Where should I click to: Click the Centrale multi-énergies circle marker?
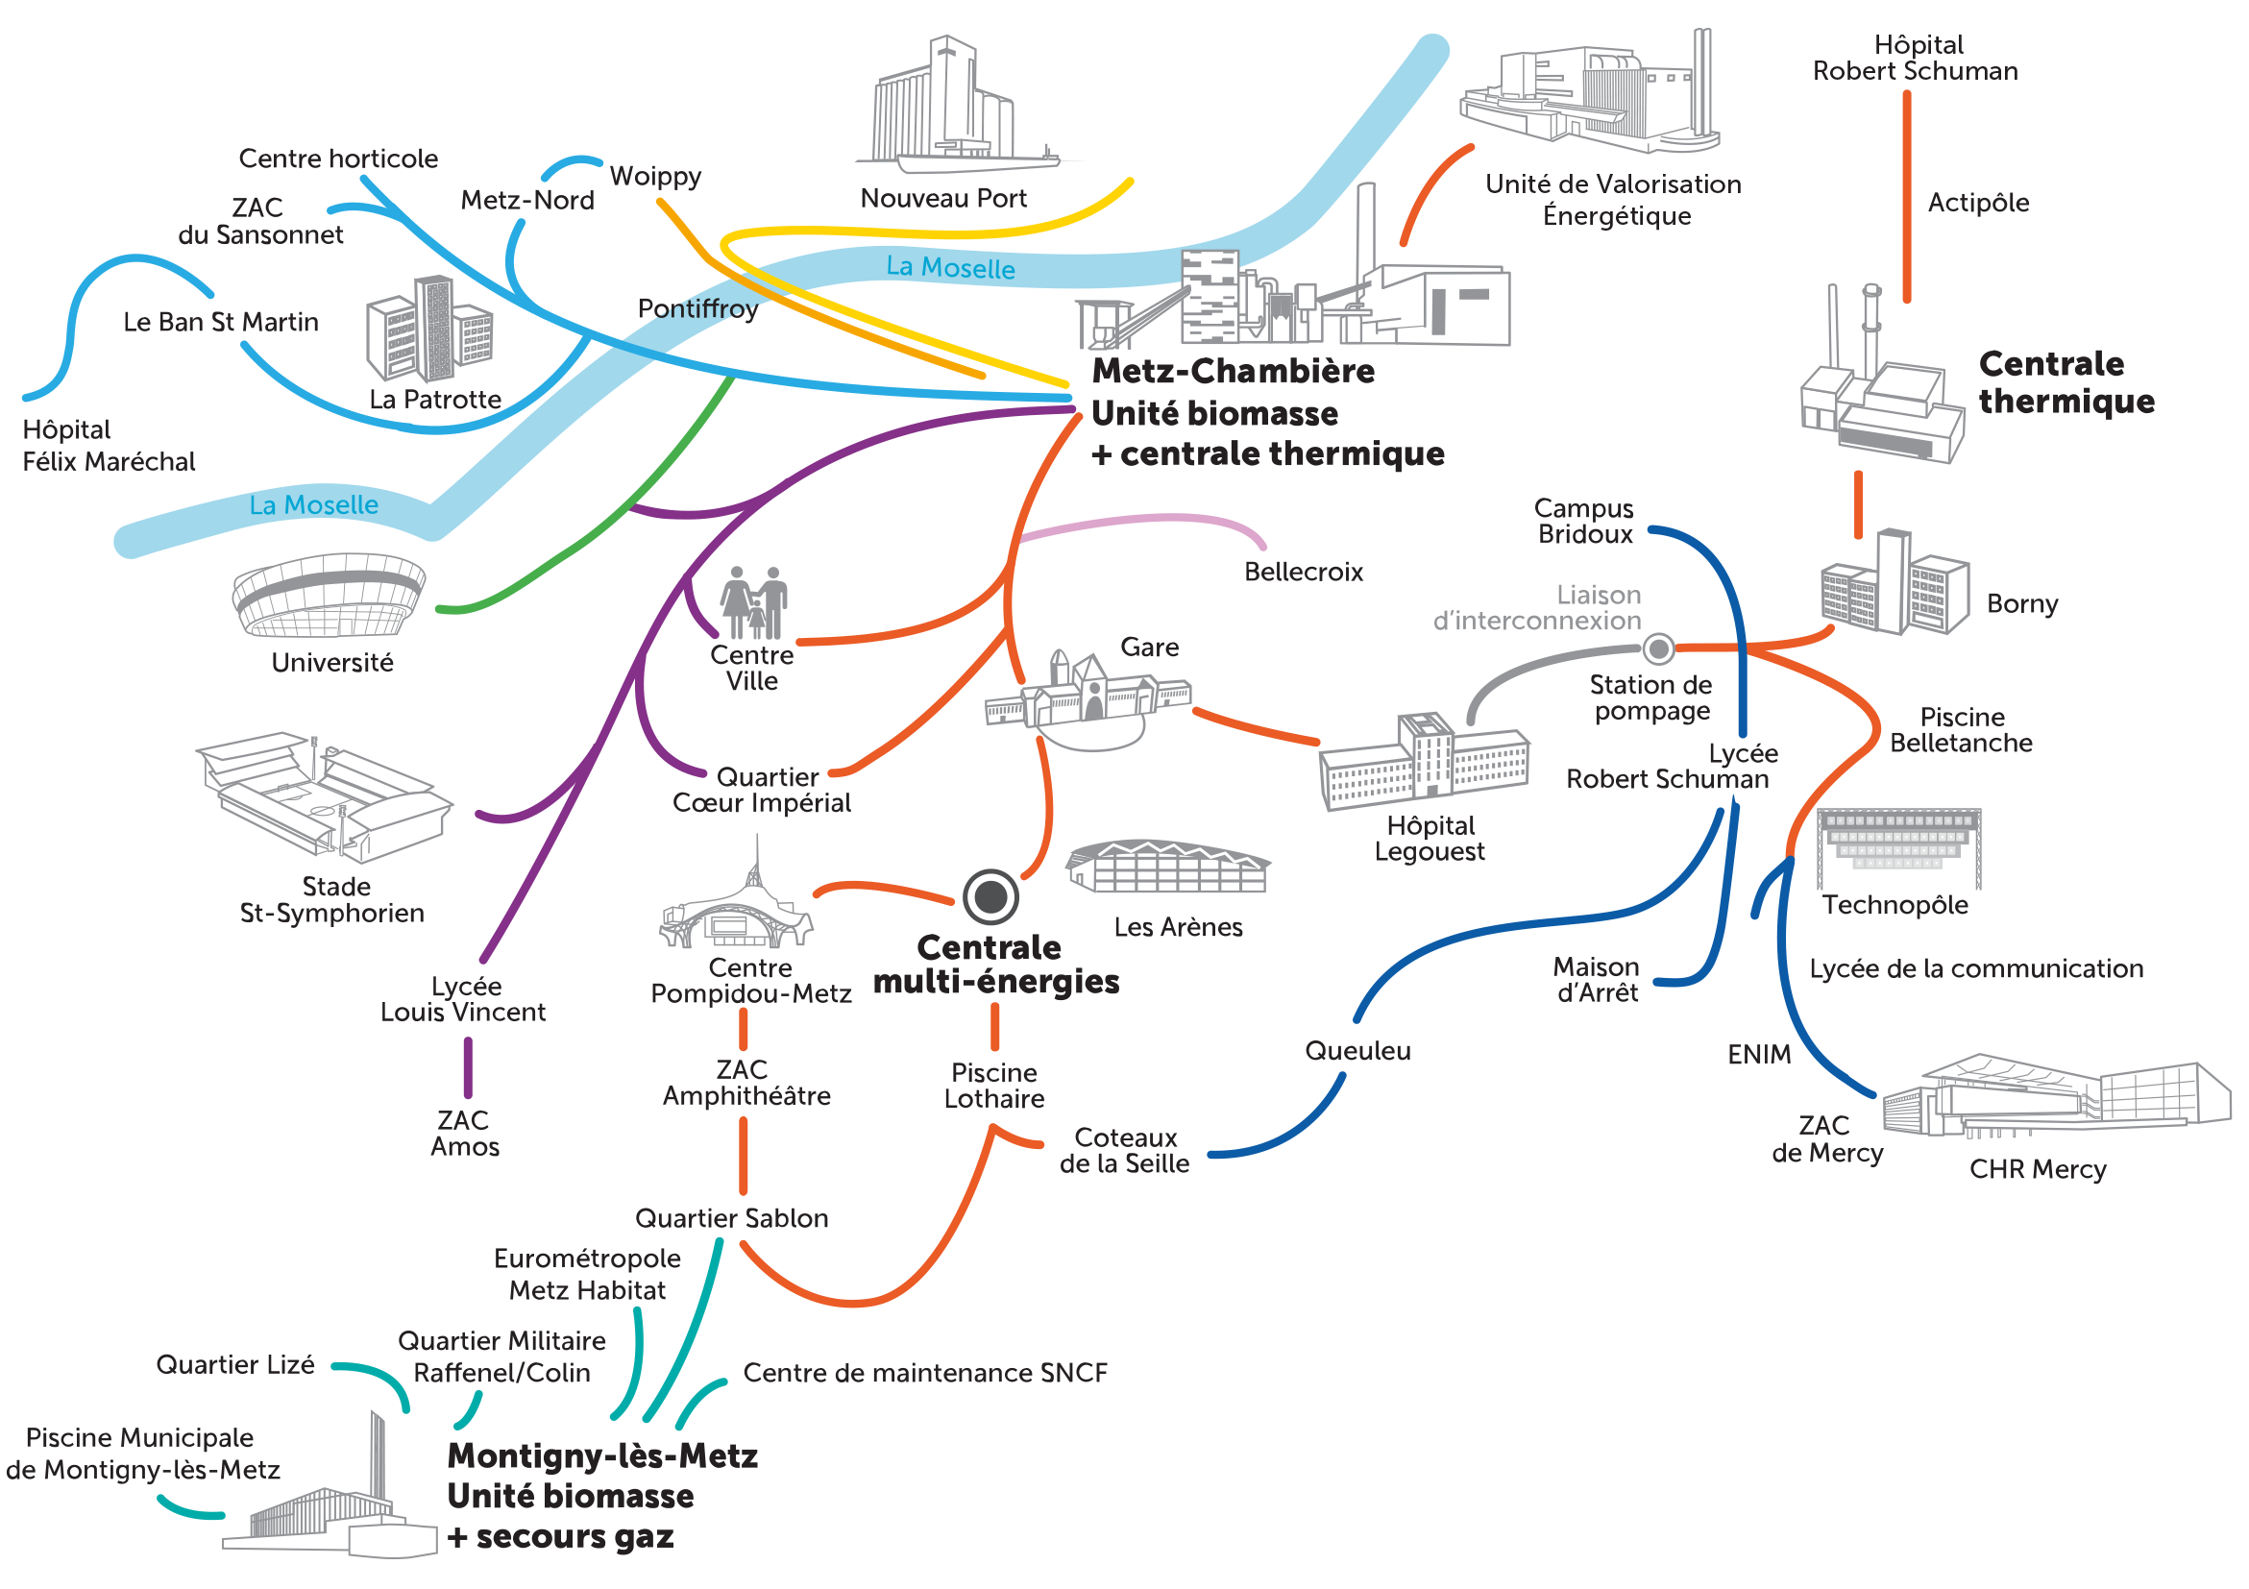pos(990,895)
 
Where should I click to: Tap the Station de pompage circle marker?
pos(1658,648)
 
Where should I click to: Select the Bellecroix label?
pos(1303,572)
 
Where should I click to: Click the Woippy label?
pos(655,177)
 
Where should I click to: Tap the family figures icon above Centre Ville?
pos(753,601)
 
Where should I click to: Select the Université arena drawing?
pos(329,595)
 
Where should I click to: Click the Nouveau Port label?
pos(942,198)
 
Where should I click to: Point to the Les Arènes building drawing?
pos(1167,866)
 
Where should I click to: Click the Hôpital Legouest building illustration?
pos(1424,761)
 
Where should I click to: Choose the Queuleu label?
pos(1357,1051)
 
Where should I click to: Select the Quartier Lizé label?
pos(235,1364)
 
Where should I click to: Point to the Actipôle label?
pos(1978,203)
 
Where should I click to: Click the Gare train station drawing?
pos(1088,694)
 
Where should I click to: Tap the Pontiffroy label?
pos(697,308)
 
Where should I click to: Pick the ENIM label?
pos(1758,1054)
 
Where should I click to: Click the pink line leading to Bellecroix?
pos(1146,518)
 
